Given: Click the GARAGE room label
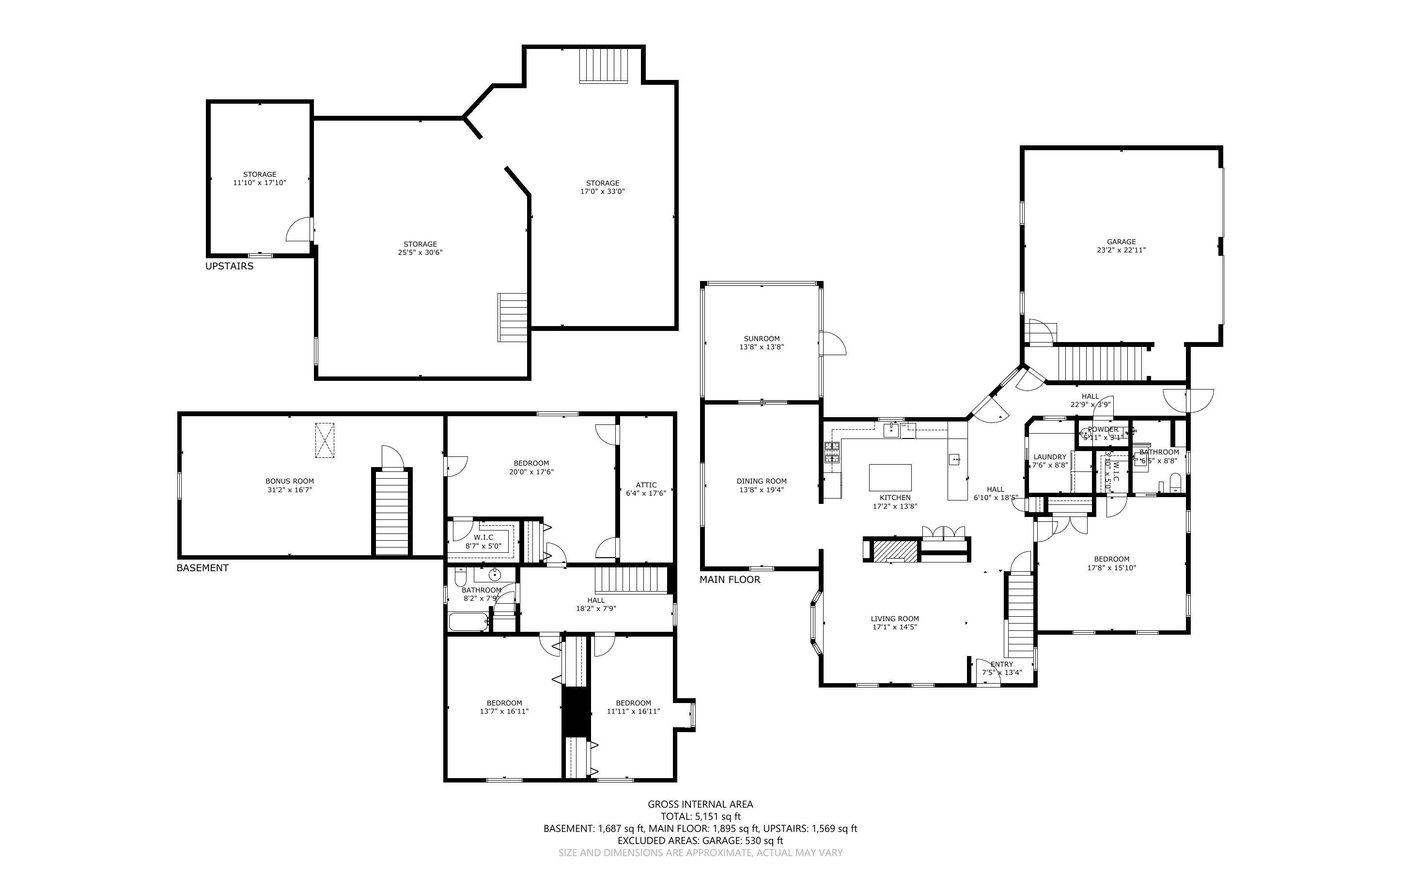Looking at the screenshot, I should pyautogui.click(x=1121, y=242).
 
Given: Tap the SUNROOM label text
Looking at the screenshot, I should pyautogui.click(x=761, y=338).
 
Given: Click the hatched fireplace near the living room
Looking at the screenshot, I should pyautogui.click(x=895, y=550).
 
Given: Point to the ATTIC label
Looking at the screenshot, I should pyautogui.click(x=646, y=485).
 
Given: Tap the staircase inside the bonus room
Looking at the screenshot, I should pyautogui.click(x=392, y=513).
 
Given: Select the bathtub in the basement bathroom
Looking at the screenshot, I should pyautogui.click(x=468, y=622).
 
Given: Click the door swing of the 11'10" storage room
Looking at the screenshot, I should pyautogui.click(x=299, y=231).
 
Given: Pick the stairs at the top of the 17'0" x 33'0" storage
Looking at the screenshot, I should pyautogui.click(x=604, y=65).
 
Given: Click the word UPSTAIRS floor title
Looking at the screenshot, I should pyautogui.click(x=229, y=266).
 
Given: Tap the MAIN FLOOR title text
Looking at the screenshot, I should pyautogui.click(x=730, y=579).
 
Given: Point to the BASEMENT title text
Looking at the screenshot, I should pyautogui.click(x=202, y=568).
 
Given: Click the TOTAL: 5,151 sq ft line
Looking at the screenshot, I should pyautogui.click(x=700, y=816).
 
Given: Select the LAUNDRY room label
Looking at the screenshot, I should pyautogui.click(x=1049, y=456).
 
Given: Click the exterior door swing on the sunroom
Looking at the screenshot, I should pyautogui.click(x=834, y=343).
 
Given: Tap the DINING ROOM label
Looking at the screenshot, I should pyautogui.click(x=761, y=481).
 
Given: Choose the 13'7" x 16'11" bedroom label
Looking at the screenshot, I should pyautogui.click(x=504, y=703).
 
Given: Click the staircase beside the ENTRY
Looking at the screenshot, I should pyautogui.click(x=1020, y=614).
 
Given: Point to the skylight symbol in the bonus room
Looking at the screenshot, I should pyautogui.click(x=324, y=440).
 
